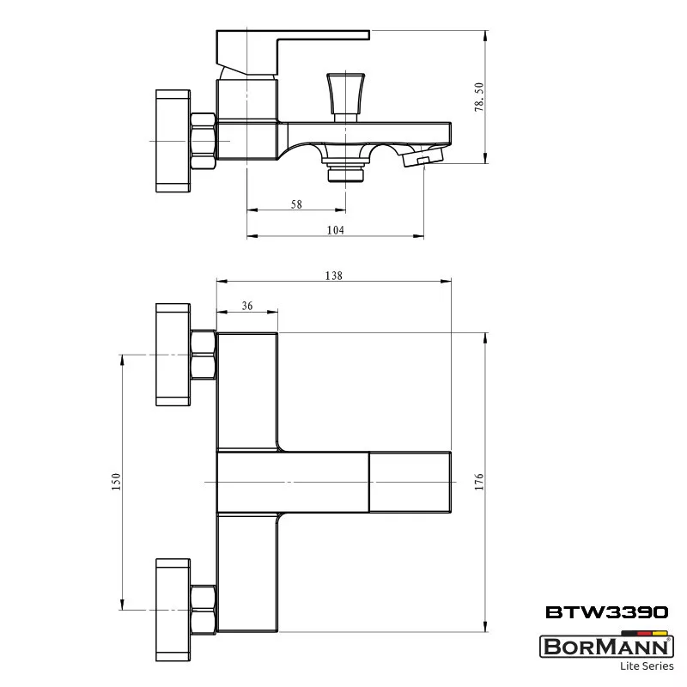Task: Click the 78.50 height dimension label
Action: pyautogui.click(x=479, y=97)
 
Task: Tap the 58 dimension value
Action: pyautogui.click(x=296, y=204)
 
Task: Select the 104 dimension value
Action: pyautogui.click(x=336, y=230)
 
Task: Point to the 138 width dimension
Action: pyautogui.click(x=334, y=276)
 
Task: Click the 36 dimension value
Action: pyautogui.click(x=247, y=306)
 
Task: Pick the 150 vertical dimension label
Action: pyautogui.click(x=116, y=482)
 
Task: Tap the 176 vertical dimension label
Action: pyautogui.click(x=479, y=482)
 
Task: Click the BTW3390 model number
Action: pyautogui.click(x=607, y=612)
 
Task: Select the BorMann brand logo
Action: pyautogui.click(x=607, y=647)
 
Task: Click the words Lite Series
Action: pyautogui.click(x=647, y=666)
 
